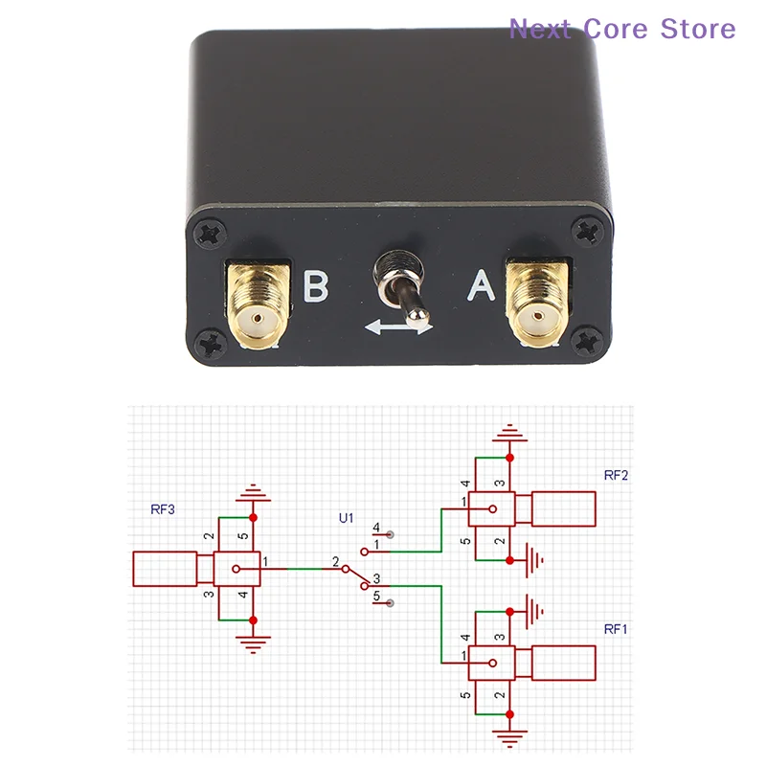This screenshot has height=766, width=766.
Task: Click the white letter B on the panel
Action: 316,285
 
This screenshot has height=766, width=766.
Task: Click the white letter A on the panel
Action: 482,284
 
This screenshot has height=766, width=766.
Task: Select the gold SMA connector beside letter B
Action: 259,306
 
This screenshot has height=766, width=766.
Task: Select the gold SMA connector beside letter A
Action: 538,304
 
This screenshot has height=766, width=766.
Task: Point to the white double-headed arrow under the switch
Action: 398,327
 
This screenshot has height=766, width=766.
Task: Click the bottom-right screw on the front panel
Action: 588,341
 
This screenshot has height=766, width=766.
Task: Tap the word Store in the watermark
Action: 698,29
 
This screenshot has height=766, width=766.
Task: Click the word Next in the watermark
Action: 540,29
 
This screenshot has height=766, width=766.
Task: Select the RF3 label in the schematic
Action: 163,509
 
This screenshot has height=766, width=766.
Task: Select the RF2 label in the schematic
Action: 616,475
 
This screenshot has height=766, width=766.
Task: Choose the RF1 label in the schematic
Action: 616,629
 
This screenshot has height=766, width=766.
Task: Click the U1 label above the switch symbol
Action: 347,518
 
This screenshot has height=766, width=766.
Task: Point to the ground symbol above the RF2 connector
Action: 510,433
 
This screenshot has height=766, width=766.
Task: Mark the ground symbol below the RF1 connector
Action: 510,738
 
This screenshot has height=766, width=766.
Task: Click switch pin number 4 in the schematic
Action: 376,528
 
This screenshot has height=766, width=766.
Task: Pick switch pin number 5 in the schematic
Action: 376,596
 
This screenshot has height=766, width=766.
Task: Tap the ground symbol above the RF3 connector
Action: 253,492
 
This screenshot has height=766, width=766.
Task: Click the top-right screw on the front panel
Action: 588,232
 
